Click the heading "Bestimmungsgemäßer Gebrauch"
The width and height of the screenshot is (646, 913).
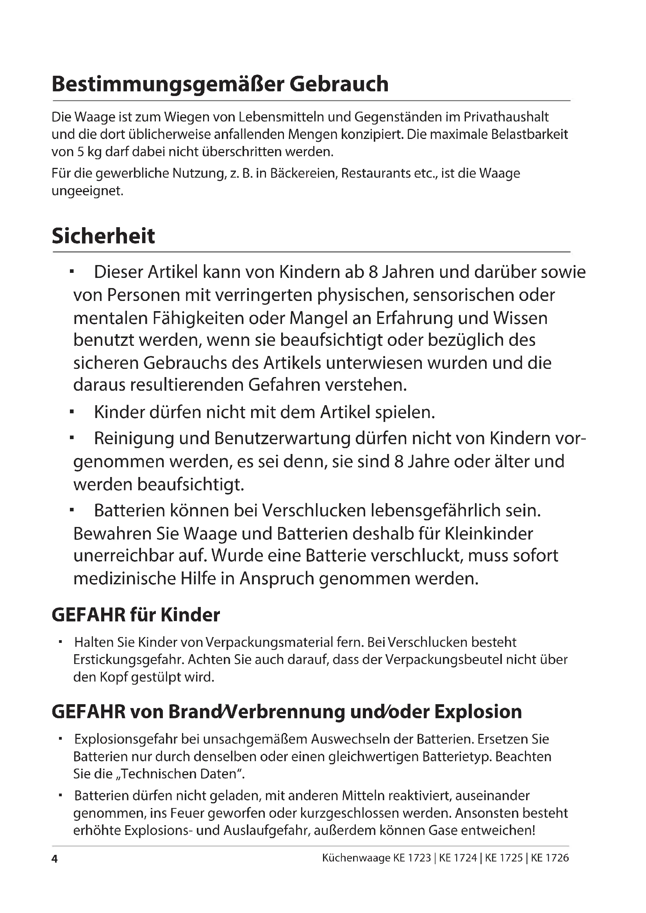[220, 84]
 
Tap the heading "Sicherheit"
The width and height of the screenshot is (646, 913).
[104, 236]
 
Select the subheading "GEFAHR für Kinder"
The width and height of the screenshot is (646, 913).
[136, 615]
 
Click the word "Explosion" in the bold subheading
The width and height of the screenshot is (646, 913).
[478, 712]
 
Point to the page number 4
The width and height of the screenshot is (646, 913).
[55, 858]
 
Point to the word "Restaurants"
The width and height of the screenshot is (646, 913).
[375, 174]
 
